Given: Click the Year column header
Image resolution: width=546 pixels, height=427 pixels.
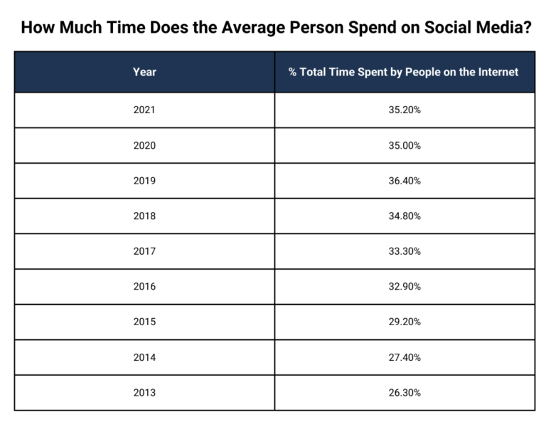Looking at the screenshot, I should tap(144, 72).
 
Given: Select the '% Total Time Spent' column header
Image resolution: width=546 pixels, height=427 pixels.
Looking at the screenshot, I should tap(404, 72).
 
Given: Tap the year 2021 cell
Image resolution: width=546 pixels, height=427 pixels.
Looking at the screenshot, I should tap(144, 110).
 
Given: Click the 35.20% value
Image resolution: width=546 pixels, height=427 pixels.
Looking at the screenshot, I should tap(404, 110).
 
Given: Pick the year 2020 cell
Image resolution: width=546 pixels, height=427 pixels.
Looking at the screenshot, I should tap(144, 145).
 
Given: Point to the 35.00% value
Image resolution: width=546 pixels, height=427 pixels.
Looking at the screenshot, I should tap(404, 145).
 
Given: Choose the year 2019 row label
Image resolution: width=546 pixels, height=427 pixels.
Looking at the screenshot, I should tap(144, 181).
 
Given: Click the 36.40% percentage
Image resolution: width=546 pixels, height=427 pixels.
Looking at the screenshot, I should tap(404, 181).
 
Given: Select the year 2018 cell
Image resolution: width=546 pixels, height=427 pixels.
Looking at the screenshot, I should tap(144, 216).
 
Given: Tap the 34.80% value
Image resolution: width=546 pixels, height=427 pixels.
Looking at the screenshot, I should tap(404, 216).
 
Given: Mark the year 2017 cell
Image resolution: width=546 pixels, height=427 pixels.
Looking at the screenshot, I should tap(144, 251).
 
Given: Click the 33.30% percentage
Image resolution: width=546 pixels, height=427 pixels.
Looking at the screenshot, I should tap(404, 251).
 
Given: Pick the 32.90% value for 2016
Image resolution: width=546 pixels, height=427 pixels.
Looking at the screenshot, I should tap(404, 287).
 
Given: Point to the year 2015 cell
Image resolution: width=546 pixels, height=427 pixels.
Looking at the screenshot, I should tap(144, 322).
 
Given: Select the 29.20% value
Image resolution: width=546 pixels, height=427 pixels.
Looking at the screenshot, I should tap(404, 322).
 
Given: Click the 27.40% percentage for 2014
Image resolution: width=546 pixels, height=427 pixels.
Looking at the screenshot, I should tap(404, 357).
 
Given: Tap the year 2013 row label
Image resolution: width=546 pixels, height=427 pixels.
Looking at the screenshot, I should tap(144, 393).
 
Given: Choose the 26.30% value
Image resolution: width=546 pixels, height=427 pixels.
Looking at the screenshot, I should tap(404, 393).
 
